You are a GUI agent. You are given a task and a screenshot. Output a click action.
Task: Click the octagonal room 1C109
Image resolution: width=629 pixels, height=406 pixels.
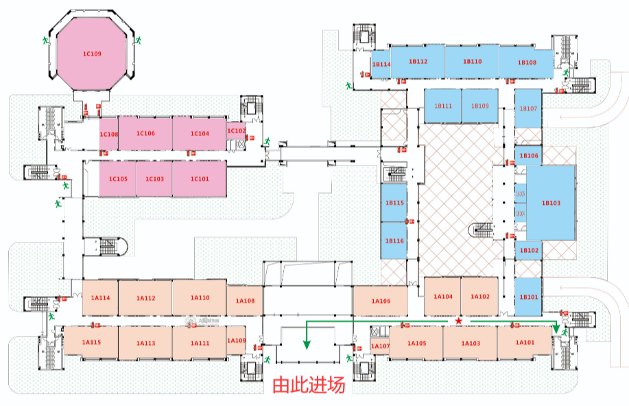(92, 54)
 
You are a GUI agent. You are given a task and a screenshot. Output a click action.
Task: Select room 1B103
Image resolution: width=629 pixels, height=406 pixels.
(551, 203)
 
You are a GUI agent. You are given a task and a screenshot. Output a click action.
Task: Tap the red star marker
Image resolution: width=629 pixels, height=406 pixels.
(458, 322)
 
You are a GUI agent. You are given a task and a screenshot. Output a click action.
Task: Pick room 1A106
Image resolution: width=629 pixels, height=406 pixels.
(381, 301)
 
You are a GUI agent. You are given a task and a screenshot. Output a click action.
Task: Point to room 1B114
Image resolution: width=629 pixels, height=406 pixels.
(381, 64)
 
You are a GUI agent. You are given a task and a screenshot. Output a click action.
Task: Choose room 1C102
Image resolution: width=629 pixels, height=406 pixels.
(236, 131)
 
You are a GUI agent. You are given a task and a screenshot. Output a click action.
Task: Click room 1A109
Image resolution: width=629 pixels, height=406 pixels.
(236, 341)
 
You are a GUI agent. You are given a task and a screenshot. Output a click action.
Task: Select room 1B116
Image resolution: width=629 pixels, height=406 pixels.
(394, 240)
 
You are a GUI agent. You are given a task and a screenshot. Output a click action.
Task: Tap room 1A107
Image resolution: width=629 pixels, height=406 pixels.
(380, 346)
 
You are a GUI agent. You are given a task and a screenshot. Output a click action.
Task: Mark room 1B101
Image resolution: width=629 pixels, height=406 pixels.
(529, 297)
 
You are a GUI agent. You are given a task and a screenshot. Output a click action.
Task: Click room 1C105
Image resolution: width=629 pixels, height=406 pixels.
(118, 179)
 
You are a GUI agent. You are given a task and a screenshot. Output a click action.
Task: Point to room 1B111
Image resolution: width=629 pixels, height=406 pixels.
(442, 106)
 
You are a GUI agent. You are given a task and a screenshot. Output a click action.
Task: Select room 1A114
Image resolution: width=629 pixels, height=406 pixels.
(100, 297)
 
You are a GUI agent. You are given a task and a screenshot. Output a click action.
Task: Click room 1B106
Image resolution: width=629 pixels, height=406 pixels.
(529, 156)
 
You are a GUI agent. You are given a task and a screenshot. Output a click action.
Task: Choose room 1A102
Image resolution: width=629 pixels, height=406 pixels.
(479, 296)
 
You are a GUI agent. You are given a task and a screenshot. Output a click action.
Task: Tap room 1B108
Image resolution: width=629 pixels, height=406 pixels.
(527, 62)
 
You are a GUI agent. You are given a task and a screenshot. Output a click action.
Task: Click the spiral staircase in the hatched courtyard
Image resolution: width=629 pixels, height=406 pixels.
(481, 231)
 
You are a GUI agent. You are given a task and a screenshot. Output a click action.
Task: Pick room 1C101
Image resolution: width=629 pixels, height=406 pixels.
(199, 179)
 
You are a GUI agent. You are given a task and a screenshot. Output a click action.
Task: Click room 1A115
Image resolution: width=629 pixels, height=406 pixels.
(91, 342)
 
